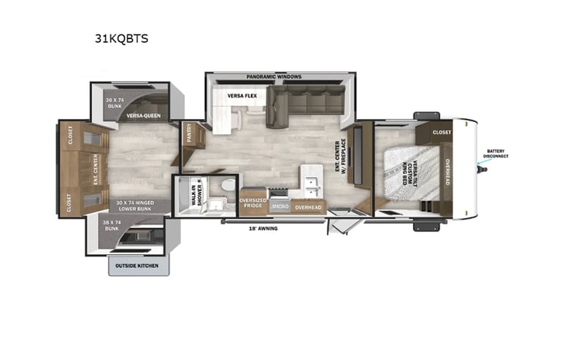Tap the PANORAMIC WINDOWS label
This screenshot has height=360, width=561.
[273, 78]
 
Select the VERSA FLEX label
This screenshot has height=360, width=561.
[242, 96]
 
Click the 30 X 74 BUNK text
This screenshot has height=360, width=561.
[115, 104]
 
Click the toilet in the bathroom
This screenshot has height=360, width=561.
[226, 189]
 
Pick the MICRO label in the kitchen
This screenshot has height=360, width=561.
[279, 206]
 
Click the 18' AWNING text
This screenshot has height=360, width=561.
[262, 229]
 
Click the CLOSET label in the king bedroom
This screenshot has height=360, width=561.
[441, 132]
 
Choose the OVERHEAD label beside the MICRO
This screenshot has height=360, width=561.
[308, 207]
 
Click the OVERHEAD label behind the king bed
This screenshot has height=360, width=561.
[447, 173]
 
